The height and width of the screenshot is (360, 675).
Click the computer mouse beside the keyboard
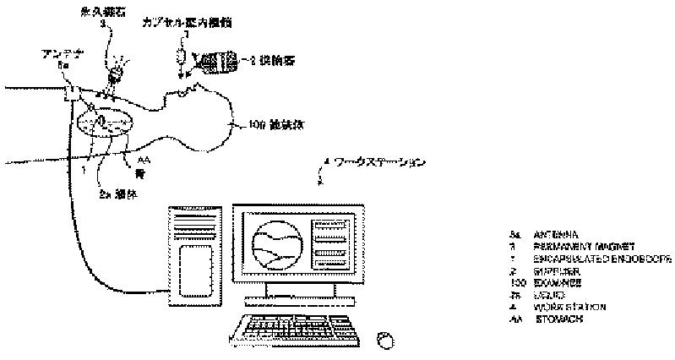tap(385, 338)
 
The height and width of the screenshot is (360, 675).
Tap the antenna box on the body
tap(71, 89)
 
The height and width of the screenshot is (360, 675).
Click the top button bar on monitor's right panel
tap(329, 225)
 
